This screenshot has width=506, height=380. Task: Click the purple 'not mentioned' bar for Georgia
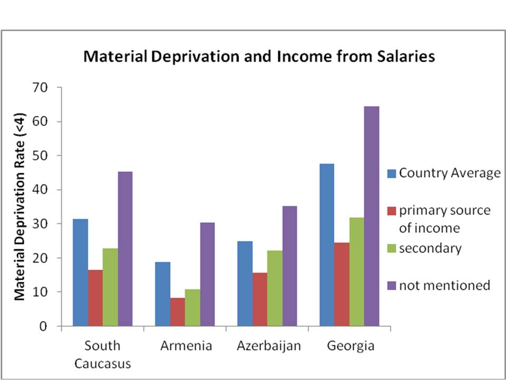tap(372, 216)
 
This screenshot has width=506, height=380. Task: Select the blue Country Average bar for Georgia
tap(327, 245)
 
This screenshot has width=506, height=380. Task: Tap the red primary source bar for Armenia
tap(178, 312)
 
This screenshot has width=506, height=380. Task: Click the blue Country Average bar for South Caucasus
tap(81, 272)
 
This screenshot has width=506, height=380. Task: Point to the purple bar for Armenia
tap(207, 274)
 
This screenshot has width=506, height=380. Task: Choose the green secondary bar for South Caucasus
tap(110, 287)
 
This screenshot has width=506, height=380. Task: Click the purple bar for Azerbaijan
tap(289, 266)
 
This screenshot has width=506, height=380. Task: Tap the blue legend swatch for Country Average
tap(391, 173)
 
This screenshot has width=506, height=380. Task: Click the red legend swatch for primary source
tap(391, 211)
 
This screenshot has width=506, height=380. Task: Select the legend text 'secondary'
tap(430, 248)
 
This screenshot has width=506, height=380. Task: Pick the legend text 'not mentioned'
tap(444, 286)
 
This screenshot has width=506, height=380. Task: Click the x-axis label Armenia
tap(186, 346)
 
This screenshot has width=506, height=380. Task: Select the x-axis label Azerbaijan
tap(268, 346)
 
